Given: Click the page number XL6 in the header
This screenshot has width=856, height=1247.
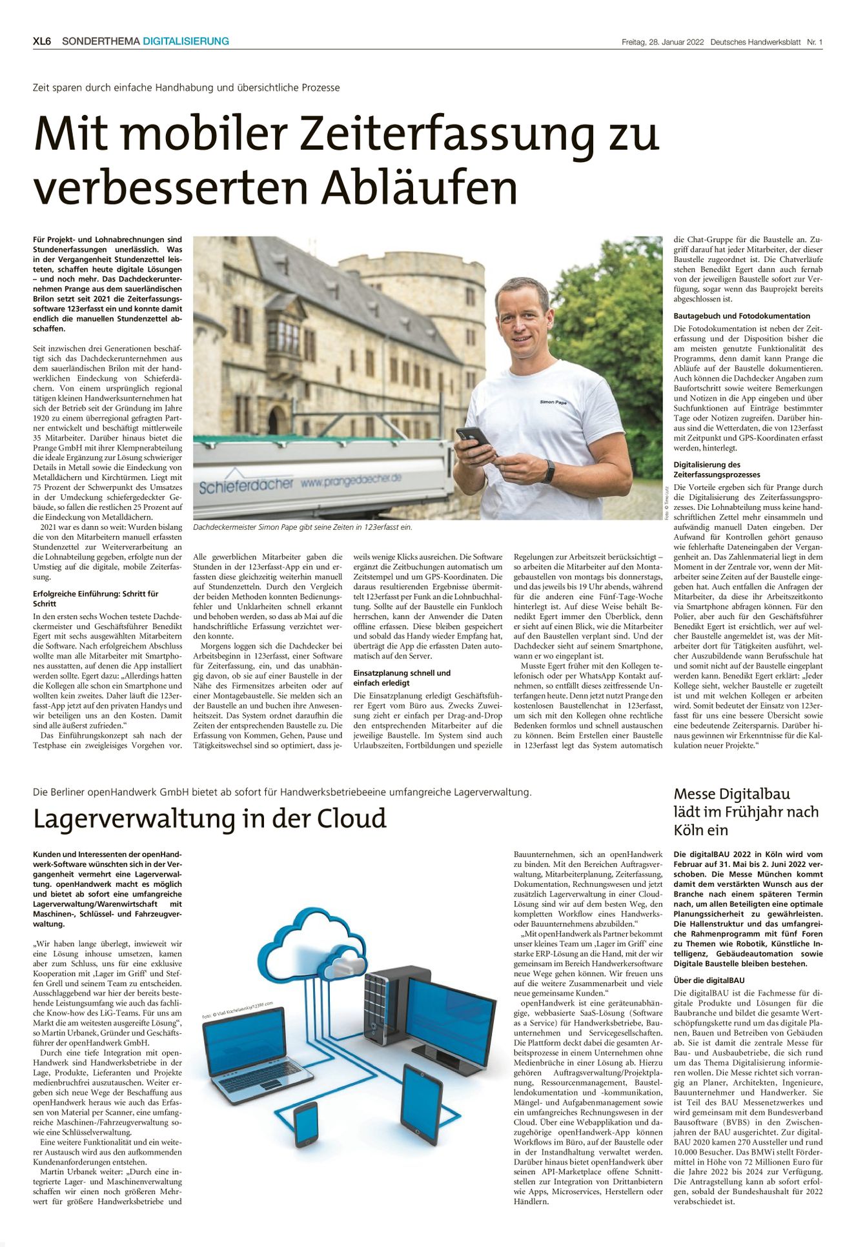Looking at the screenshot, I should tap(42, 41).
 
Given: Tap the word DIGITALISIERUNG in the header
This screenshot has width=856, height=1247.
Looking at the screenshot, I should tap(186, 41).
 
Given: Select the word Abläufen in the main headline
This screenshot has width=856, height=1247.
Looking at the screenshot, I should tap(420, 188).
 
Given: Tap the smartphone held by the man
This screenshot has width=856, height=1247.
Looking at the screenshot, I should tap(473, 437).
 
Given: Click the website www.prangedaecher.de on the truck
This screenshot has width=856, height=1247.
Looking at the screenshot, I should tap(351, 480).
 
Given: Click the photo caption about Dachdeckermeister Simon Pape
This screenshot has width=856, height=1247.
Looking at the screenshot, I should tap(302, 527).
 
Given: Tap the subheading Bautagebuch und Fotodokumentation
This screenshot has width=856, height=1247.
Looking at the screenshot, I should tap(742, 316).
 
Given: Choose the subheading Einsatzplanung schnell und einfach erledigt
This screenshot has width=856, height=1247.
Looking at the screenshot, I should tap(402, 678).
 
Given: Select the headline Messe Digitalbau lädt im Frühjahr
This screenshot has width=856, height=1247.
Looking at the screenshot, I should tap(746, 811).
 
